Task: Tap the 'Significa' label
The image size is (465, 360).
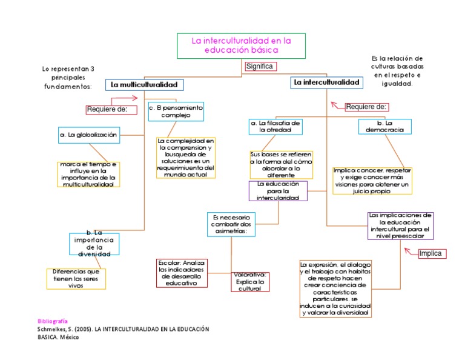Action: [x=260, y=67]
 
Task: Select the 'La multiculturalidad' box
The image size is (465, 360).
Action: [x=144, y=85]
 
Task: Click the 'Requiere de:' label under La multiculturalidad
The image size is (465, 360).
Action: [x=107, y=109]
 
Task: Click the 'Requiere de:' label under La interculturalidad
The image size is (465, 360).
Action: [x=366, y=107]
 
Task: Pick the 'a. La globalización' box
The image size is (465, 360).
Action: [x=89, y=135]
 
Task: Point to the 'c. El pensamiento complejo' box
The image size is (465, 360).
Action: [x=176, y=111]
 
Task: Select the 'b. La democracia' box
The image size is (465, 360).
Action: [x=385, y=126]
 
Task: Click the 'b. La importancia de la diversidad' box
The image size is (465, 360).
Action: [x=94, y=244]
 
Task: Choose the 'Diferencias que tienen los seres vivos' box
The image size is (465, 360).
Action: [x=76, y=278]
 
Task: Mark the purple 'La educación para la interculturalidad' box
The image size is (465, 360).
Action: [x=278, y=191]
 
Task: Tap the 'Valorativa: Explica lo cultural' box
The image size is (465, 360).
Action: [x=249, y=282]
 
